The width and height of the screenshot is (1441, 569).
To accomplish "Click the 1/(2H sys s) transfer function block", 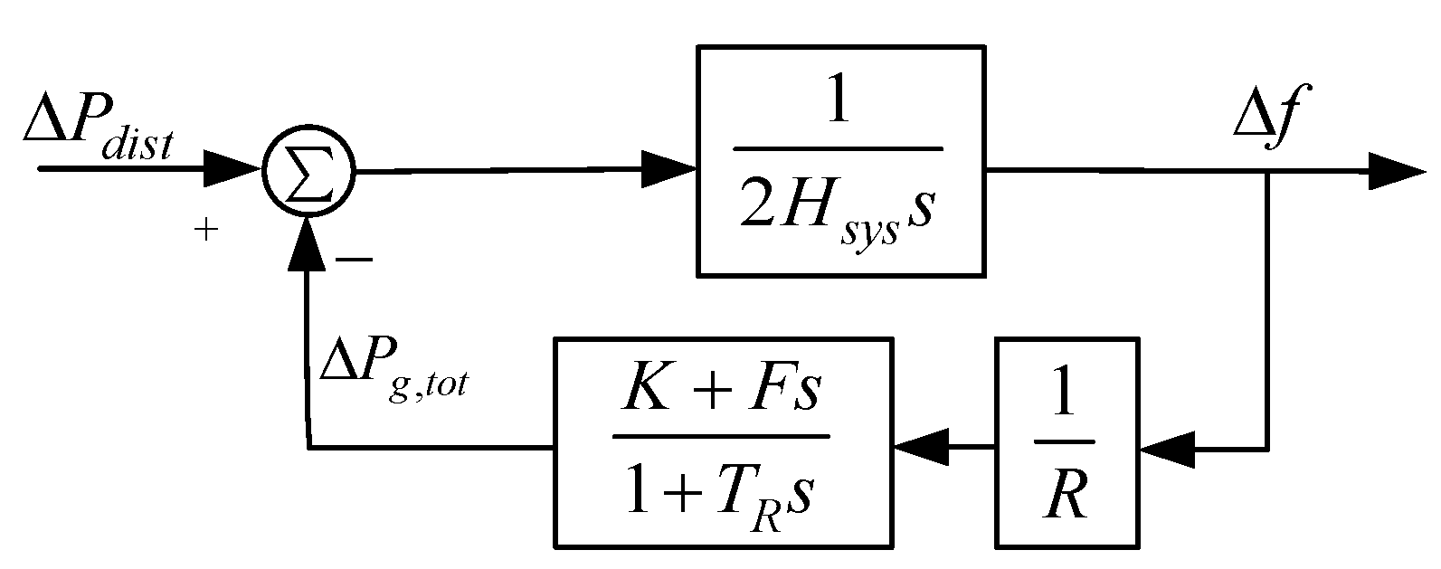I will [840, 160].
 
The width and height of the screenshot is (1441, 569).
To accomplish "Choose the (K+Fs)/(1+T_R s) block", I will [723, 442].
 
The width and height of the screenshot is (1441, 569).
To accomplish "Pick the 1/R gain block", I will [1067, 442].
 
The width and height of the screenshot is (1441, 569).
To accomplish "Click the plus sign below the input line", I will [207, 232].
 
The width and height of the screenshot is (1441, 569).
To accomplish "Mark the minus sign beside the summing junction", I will [354, 261].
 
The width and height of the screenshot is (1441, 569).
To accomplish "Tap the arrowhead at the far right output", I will [1398, 170].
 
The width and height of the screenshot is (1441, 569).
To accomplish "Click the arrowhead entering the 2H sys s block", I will [669, 170].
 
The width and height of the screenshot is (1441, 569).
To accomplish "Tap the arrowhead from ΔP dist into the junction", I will [234, 170].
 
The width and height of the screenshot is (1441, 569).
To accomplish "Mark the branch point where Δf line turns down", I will [1266, 171].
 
